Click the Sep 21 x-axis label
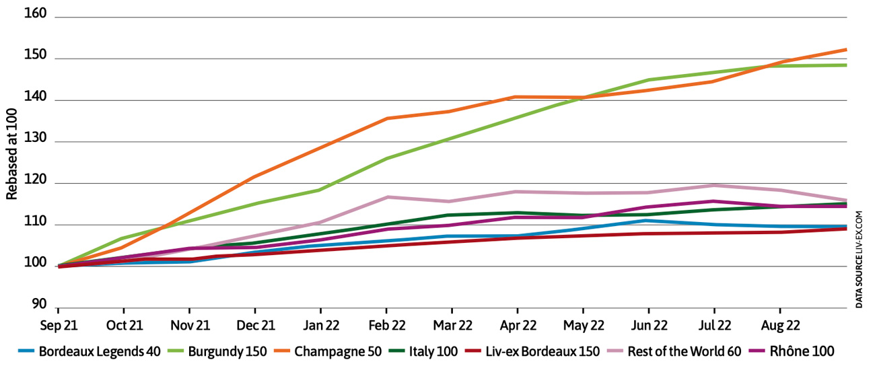coord(59,325)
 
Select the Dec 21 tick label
coord(256,325)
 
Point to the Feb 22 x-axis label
coord(387,325)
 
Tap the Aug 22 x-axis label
coord(780,325)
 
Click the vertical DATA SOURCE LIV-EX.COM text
coord(860,260)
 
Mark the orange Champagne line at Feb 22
coord(387,118)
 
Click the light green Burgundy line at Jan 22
coord(321,190)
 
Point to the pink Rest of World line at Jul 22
coord(715,185)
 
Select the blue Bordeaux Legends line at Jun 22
coord(649,220)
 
